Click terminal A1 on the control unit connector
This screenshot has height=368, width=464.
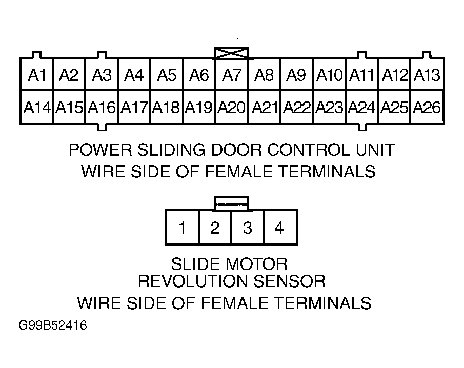point(37,74)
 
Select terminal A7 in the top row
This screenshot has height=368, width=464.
point(232,74)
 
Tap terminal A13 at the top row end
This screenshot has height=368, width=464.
point(427,74)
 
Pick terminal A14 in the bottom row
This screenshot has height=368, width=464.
point(37,107)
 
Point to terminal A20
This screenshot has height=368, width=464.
point(232,107)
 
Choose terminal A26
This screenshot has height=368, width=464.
point(427,107)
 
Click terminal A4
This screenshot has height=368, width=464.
point(134,74)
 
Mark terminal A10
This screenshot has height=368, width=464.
point(329,74)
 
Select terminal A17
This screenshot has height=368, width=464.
point(134,107)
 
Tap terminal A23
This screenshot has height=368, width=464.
point(329,107)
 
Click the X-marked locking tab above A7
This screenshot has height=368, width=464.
point(231,53)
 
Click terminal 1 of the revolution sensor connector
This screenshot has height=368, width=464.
point(183,228)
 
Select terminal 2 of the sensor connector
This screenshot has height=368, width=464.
point(215,228)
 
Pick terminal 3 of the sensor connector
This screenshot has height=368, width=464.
point(248,228)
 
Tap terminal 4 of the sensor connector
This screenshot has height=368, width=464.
point(280,228)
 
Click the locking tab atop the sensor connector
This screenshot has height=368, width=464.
point(231,203)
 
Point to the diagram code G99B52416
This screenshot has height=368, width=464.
point(53,325)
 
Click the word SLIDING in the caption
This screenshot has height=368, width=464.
point(171,150)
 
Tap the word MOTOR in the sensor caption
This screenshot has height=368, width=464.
point(255,264)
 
